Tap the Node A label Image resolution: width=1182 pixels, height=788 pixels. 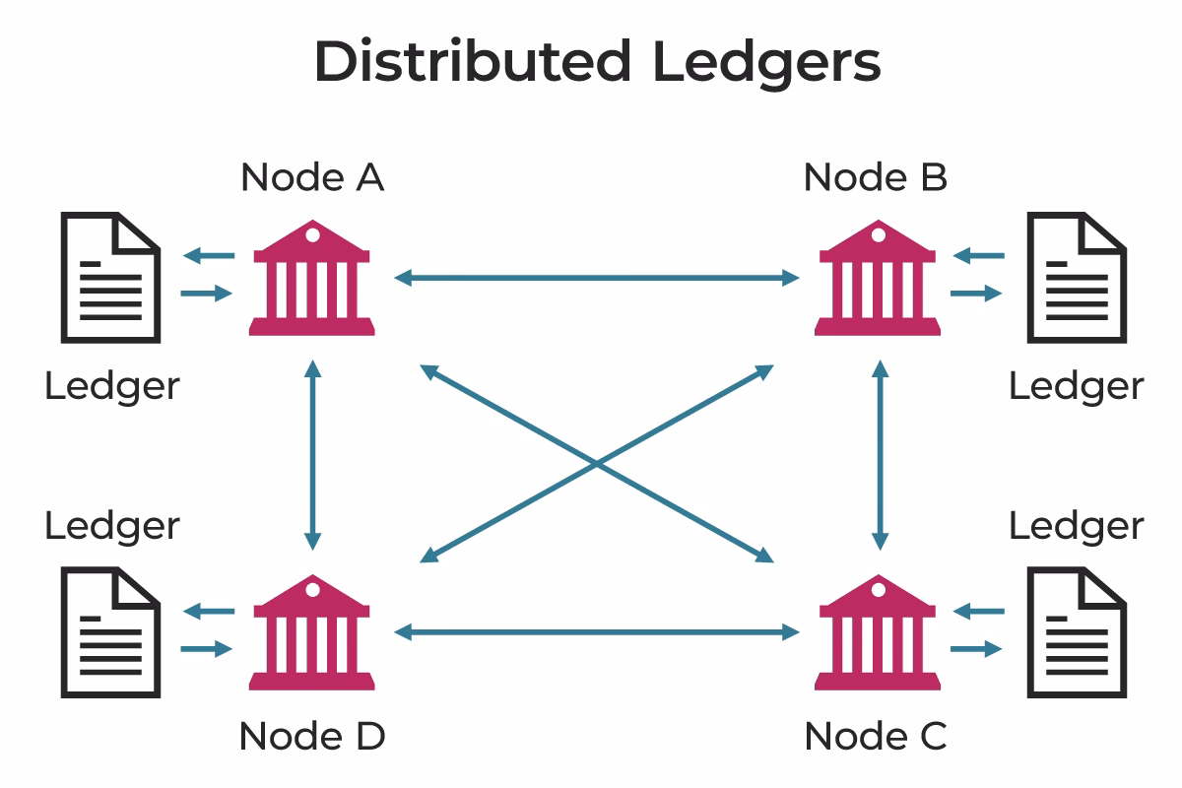click(312, 178)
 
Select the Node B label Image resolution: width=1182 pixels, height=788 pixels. click(876, 178)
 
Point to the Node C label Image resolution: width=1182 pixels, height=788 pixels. click(876, 736)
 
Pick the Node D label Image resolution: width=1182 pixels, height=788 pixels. click(312, 736)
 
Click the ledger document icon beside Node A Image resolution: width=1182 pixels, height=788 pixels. click(110, 278)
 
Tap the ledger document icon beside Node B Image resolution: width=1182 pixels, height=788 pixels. click(1077, 278)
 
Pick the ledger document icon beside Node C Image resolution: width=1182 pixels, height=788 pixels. click(1077, 632)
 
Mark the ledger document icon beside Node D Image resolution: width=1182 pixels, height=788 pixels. click(110, 632)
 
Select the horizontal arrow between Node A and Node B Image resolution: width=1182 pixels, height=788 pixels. click(596, 279)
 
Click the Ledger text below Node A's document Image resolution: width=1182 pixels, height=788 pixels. click(112, 386)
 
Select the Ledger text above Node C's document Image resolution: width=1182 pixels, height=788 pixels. click(1076, 526)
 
